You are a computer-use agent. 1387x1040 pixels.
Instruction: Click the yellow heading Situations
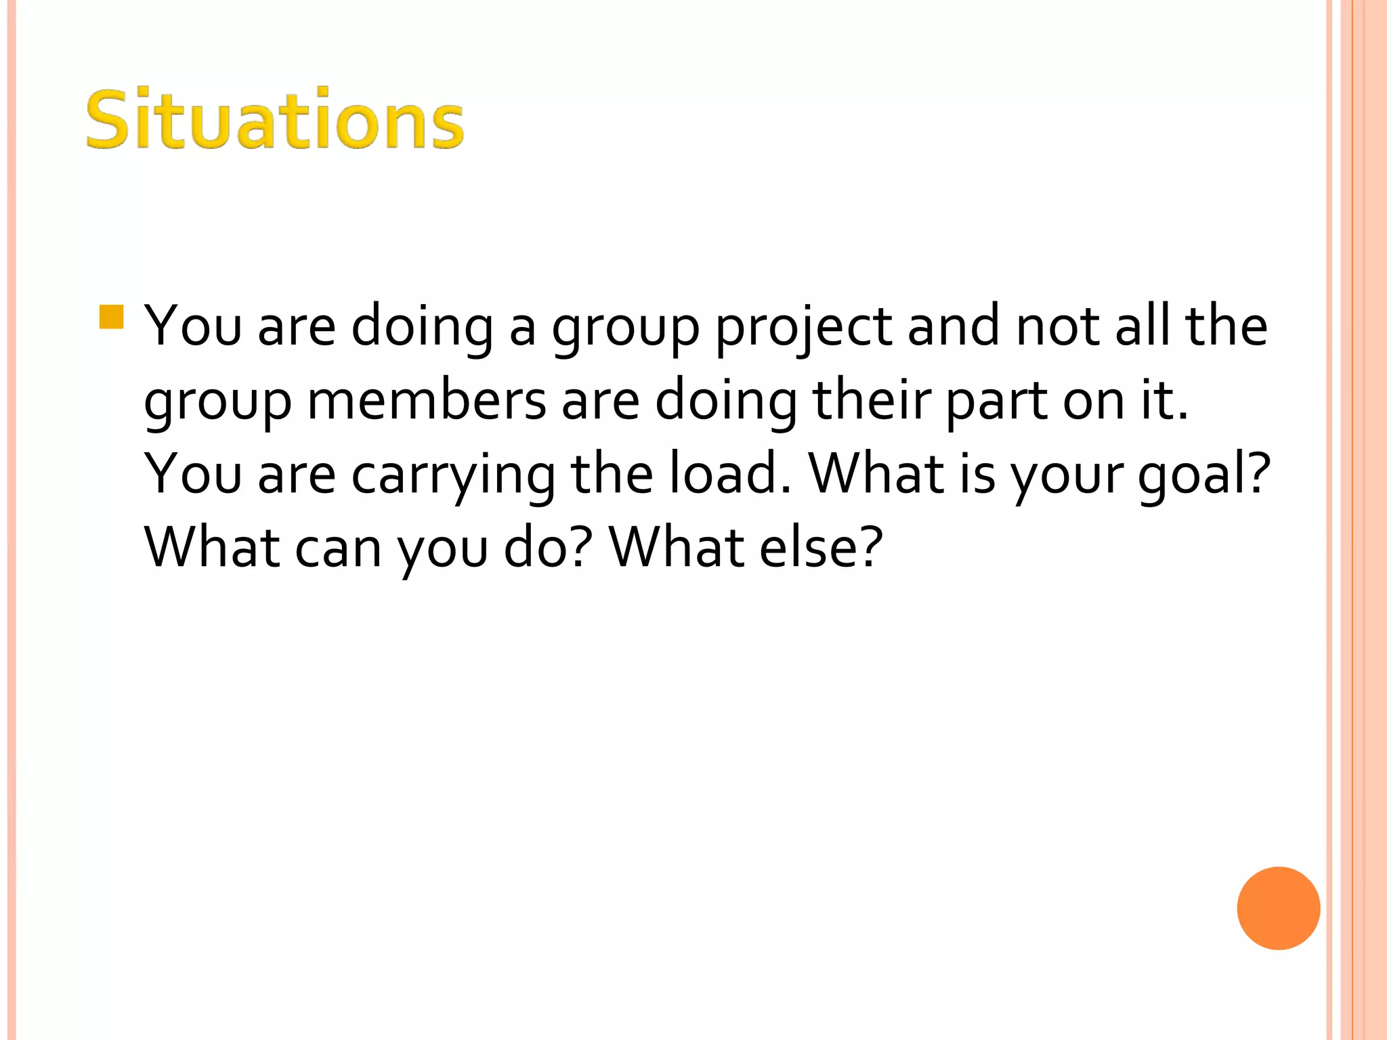(x=274, y=120)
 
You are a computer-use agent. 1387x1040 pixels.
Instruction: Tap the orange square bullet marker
(x=111, y=317)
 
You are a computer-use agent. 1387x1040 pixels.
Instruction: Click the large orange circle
(x=1278, y=908)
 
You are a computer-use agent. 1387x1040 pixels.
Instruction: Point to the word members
(x=426, y=401)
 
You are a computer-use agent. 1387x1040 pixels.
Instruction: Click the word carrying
(x=453, y=477)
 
